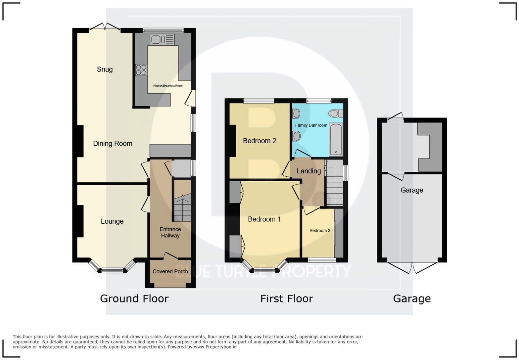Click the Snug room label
tap(105, 69)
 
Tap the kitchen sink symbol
tap(162, 40)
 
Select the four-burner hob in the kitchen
tap(141, 70)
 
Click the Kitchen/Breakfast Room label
tap(168, 86)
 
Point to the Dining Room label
tap(113, 144)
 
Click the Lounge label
tap(112, 221)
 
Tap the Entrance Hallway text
tap(170, 232)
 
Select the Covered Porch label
tap(170, 271)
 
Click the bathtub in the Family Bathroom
tap(336, 139)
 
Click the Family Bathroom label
tap(311, 125)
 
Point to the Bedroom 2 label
tap(259, 141)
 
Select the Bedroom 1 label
tap(264, 219)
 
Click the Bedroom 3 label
tap(320, 231)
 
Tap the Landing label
tap(308, 171)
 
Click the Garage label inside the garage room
tap(412, 190)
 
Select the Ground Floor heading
tap(134, 298)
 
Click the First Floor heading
tap(287, 298)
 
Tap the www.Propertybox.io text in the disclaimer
tap(215, 347)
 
